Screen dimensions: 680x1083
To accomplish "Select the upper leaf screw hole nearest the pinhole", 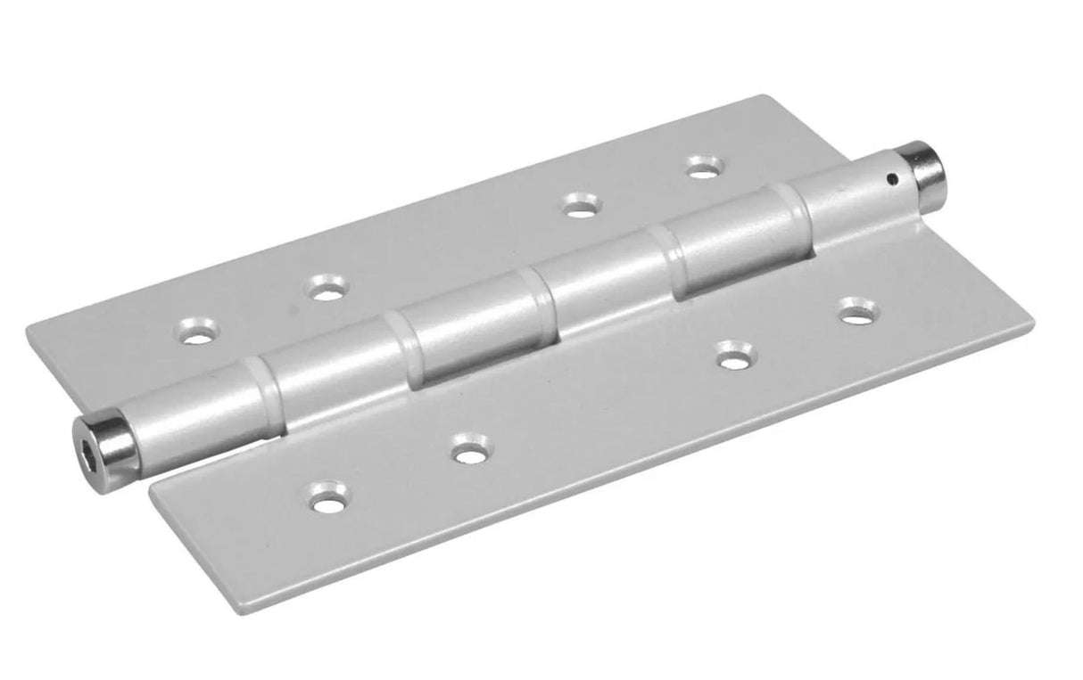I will (704, 167).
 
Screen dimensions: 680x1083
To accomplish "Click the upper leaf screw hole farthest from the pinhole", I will (199, 332).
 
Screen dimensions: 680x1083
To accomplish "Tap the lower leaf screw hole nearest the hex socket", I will (329, 497).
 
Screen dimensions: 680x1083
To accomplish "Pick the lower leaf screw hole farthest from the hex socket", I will (857, 313).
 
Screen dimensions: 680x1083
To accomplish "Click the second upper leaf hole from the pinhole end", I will (581, 207).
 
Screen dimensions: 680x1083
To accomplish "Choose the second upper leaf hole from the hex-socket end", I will (327, 289).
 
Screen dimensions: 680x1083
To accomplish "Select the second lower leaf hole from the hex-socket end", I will (468, 450).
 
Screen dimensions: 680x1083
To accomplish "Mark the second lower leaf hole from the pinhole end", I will (736, 356).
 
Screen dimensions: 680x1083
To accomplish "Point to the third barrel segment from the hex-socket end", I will (473, 329).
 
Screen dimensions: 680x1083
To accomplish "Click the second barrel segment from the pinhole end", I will (732, 241).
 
